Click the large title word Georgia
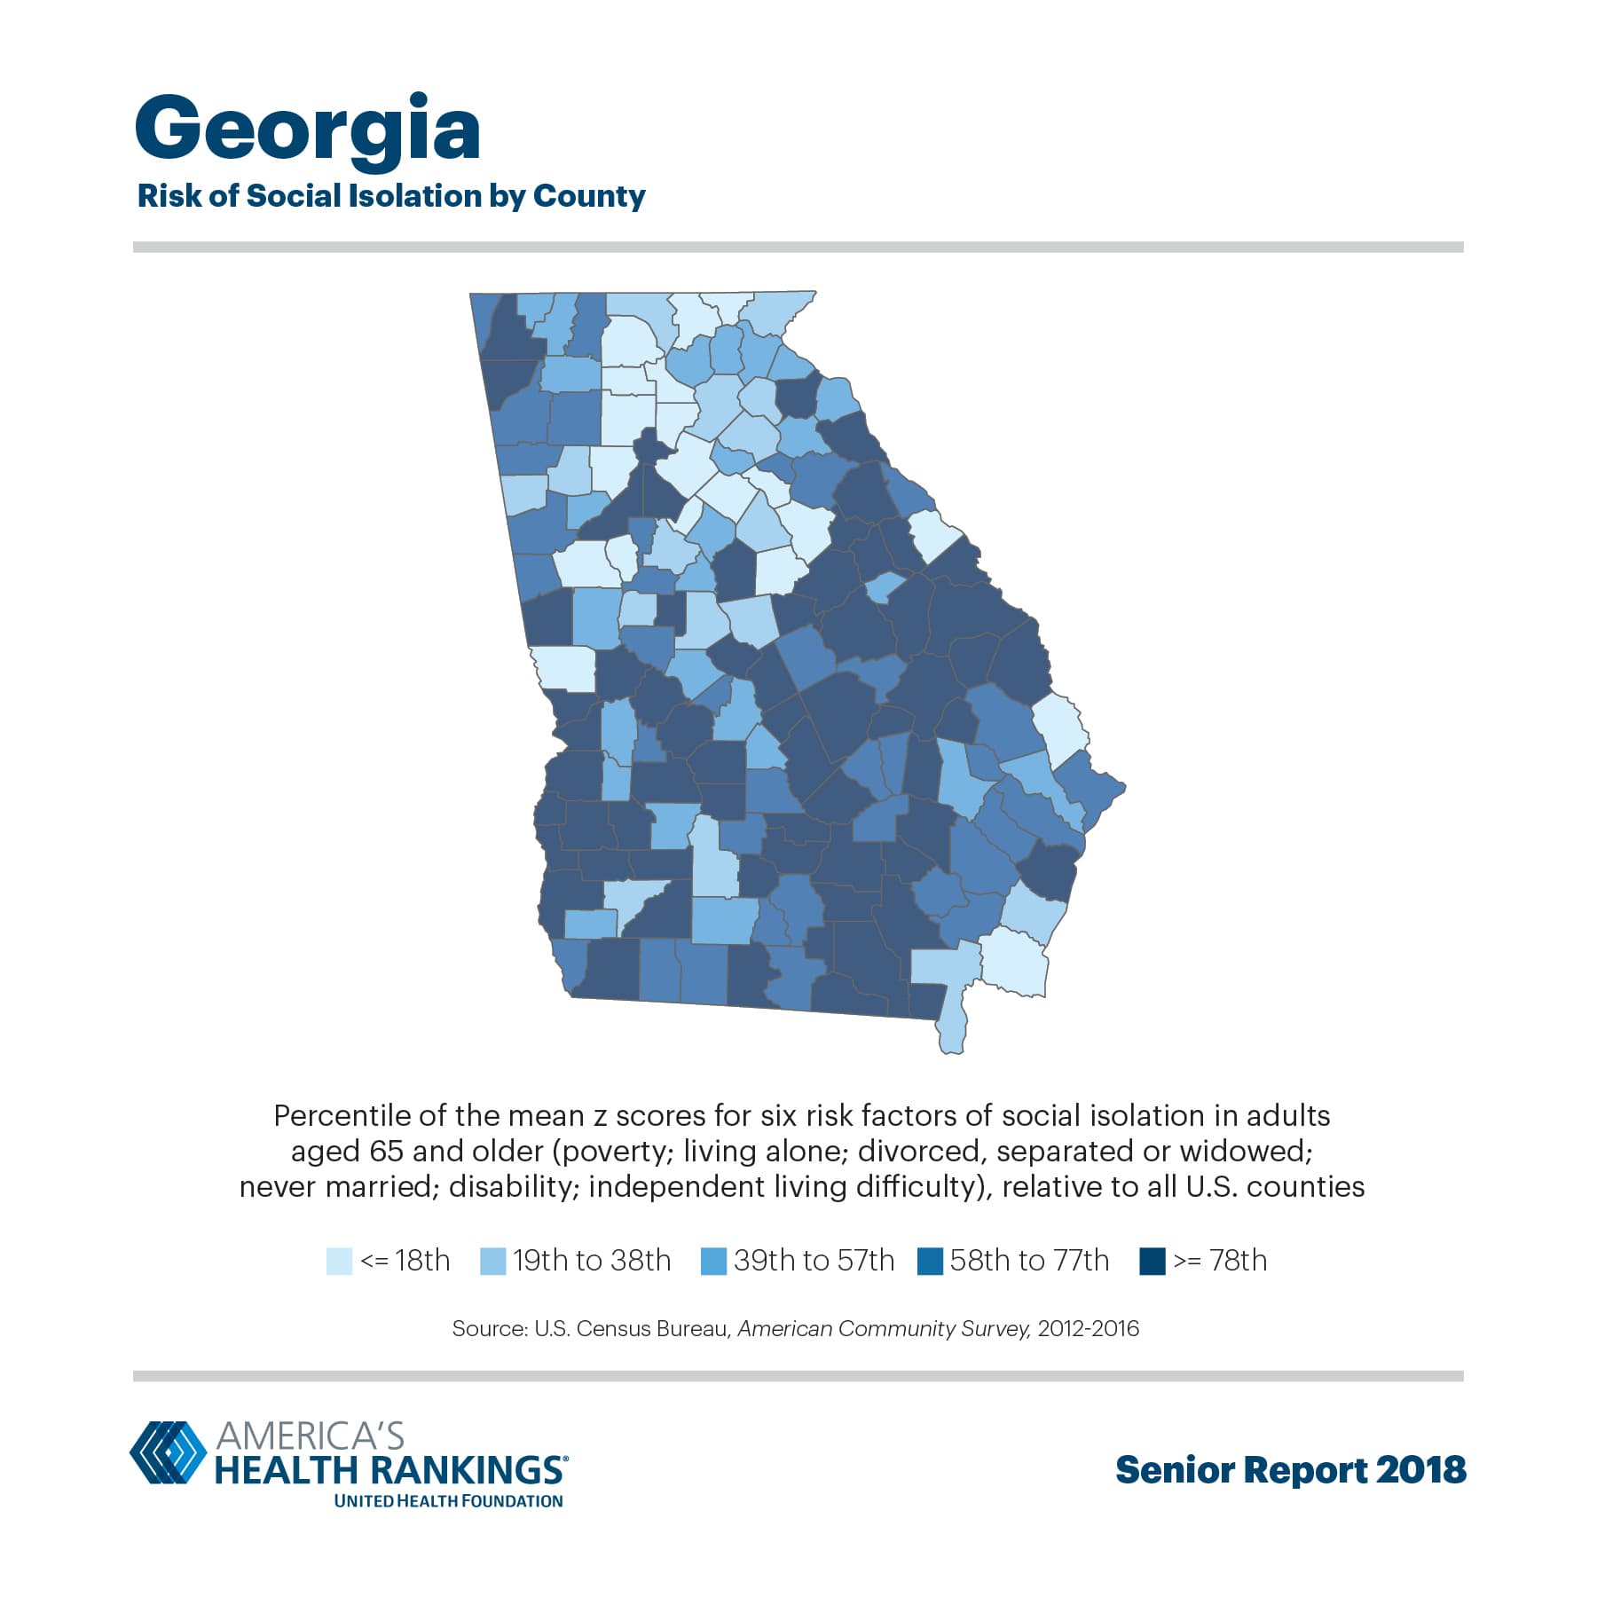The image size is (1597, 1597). coord(307,130)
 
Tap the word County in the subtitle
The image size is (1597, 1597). coord(588,196)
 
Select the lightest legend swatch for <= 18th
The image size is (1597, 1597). coord(339,1261)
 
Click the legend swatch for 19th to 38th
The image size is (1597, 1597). coord(492,1261)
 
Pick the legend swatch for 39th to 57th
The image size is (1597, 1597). coord(713,1261)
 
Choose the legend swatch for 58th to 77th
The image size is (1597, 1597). coord(930,1261)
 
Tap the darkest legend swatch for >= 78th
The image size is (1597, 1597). coord(1152,1261)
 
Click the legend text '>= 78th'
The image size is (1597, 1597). coord(1220,1261)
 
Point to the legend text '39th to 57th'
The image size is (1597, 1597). coord(814,1261)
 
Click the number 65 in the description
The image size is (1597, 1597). coord(387,1151)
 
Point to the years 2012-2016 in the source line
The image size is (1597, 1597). coord(1088,1328)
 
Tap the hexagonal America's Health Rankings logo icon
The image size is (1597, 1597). coord(168,1452)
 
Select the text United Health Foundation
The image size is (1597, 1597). coord(448,1501)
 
